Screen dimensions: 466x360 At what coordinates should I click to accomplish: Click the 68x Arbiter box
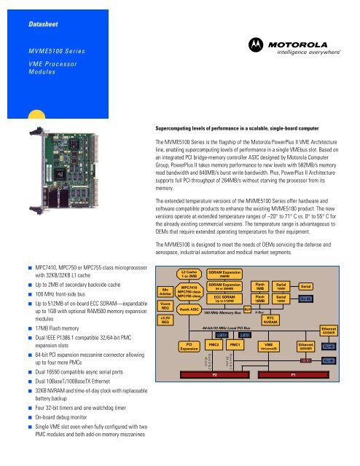(165, 291)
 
